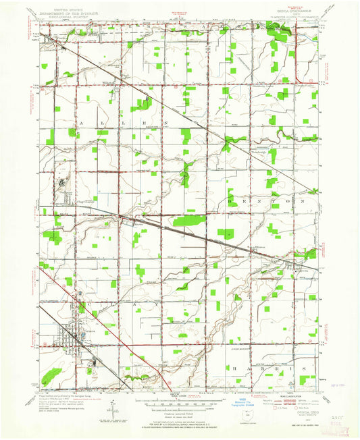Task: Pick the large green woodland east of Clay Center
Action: pos(186,221)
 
